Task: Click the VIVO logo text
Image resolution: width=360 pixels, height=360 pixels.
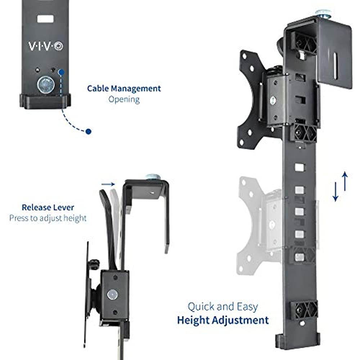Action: click(x=45, y=46)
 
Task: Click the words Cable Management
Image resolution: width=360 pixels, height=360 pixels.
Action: click(x=124, y=88)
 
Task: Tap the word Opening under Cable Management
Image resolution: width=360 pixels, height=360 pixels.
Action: click(x=124, y=99)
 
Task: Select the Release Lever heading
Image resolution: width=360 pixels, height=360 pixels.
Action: click(x=48, y=207)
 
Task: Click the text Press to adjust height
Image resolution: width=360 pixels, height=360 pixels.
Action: click(x=48, y=218)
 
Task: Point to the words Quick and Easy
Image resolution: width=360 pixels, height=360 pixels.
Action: click(x=222, y=307)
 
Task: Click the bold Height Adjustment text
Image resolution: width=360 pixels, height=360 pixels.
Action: click(x=222, y=320)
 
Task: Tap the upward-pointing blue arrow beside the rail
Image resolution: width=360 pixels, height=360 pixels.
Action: click(x=345, y=181)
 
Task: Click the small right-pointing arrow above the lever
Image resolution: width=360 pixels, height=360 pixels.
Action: click(x=107, y=184)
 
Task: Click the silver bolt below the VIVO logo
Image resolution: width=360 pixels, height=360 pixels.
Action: click(x=45, y=85)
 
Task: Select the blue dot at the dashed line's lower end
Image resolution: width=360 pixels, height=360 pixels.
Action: click(x=89, y=132)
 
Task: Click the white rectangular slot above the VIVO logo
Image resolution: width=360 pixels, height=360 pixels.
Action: click(x=45, y=18)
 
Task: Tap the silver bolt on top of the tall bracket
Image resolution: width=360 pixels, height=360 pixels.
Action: click(x=323, y=13)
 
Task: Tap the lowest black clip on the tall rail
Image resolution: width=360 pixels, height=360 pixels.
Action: click(x=304, y=309)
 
